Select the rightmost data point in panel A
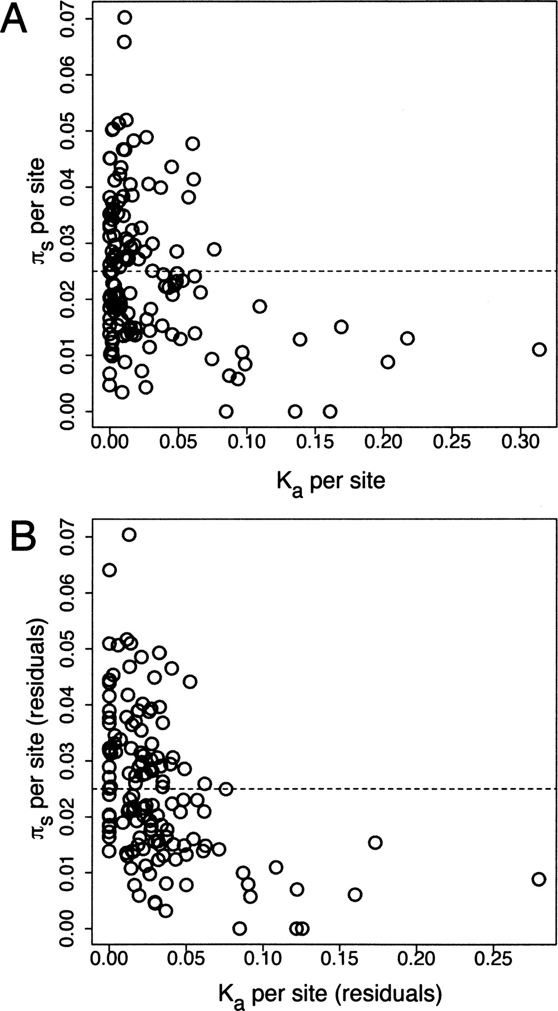(539, 349)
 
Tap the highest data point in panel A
(125, 17)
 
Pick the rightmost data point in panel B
(538, 879)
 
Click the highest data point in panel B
(129, 535)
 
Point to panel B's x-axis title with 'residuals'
(330, 994)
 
